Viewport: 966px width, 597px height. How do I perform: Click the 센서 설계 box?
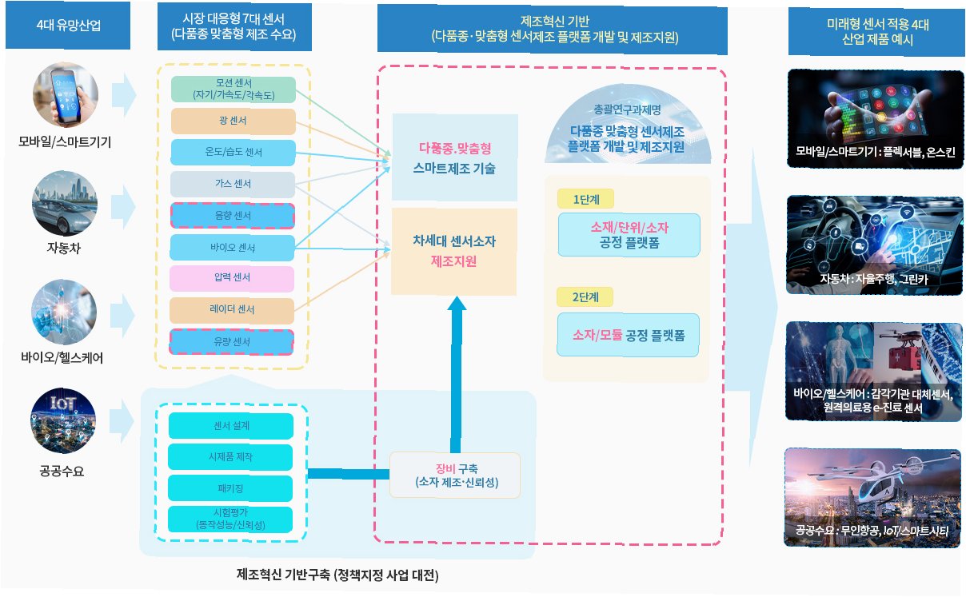[231, 426]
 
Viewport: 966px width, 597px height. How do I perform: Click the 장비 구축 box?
[455, 475]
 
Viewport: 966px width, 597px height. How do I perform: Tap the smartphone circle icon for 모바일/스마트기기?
[66, 95]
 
